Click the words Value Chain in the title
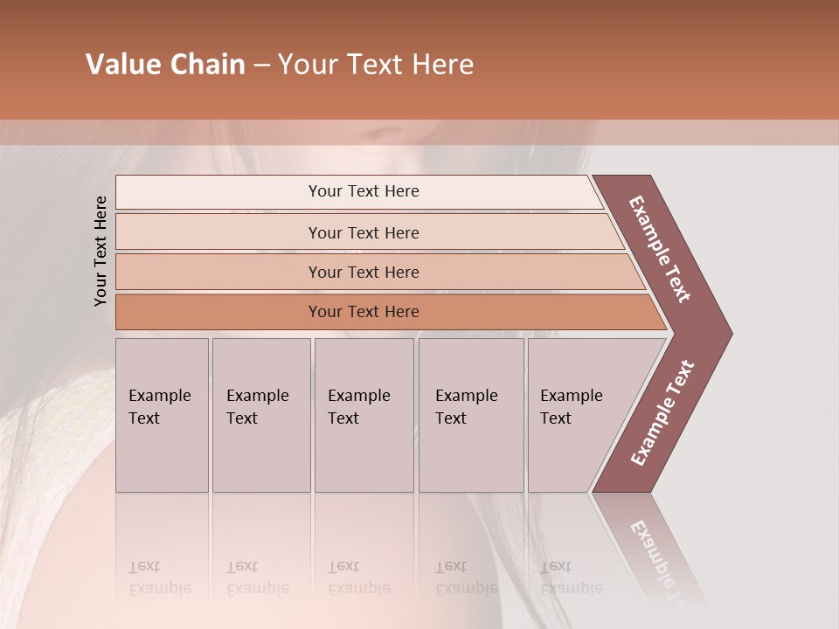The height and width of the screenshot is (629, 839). pyautogui.click(x=165, y=65)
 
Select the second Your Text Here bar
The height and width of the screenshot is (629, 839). pyautogui.click(x=363, y=232)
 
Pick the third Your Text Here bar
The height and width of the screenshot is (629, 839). pyautogui.click(x=363, y=272)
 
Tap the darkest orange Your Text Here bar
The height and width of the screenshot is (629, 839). pyautogui.click(x=363, y=312)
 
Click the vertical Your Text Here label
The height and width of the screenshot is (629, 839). pyautogui.click(x=101, y=251)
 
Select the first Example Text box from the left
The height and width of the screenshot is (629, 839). pyautogui.click(x=162, y=415)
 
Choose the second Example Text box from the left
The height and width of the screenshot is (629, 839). pyautogui.click(x=260, y=415)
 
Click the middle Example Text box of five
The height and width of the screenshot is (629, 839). pyautogui.click(x=364, y=415)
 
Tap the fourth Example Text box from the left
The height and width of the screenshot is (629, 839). pyautogui.click(x=470, y=415)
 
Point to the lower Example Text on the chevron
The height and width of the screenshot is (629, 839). pyautogui.click(x=662, y=412)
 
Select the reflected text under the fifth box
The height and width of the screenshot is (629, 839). pyautogui.click(x=572, y=577)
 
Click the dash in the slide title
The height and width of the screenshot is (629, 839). pyautogui.click(x=261, y=65)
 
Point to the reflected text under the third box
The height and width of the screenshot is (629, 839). pyautogui.click(x=358, y=577)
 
